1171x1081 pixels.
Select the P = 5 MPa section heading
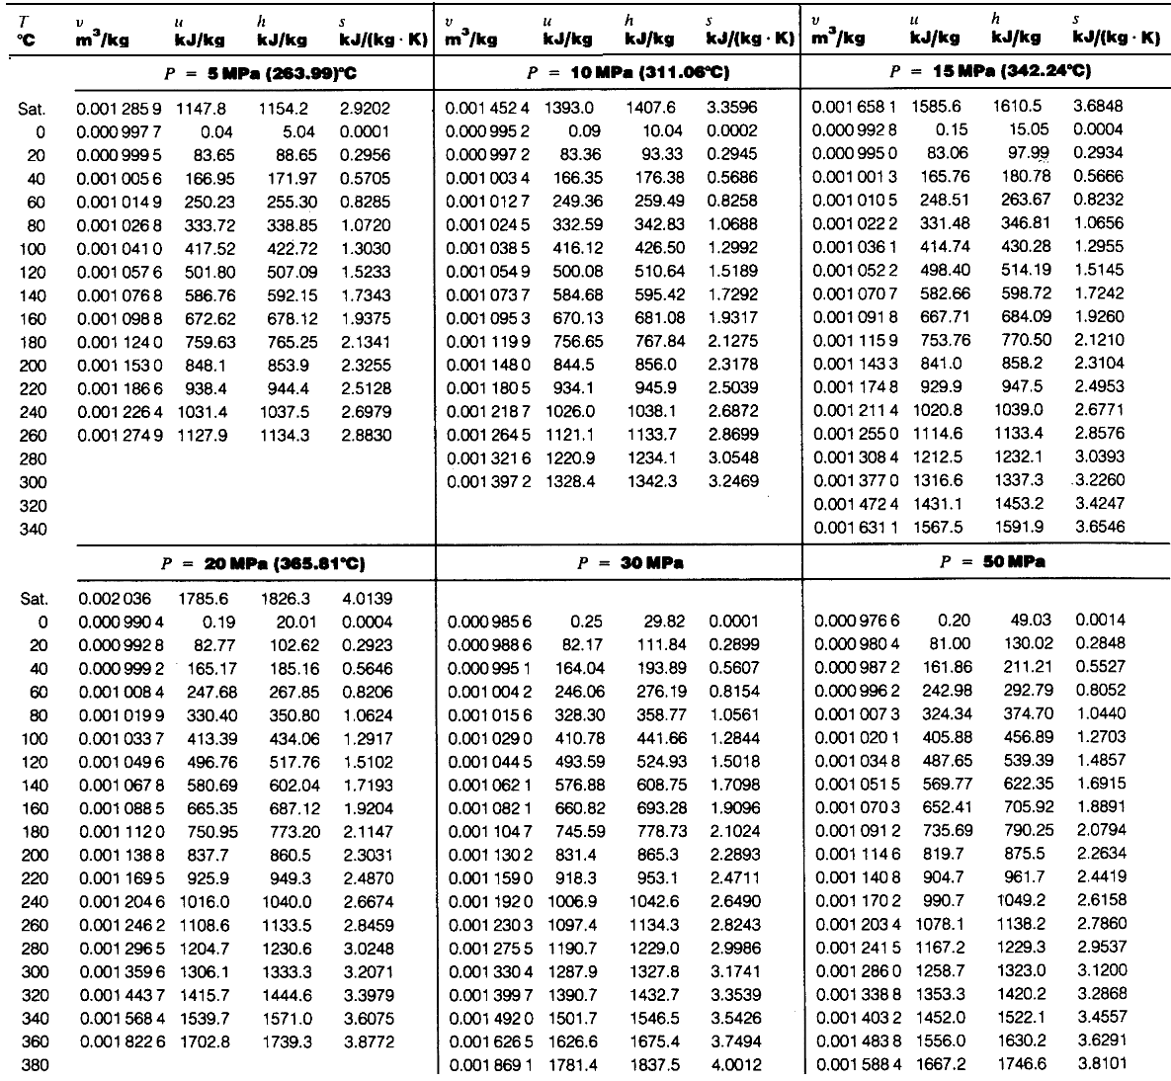click(255, 72)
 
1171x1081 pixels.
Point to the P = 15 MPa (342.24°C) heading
click(989, 72)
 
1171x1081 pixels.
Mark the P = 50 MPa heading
click(989, 563)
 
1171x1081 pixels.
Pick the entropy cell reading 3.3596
click(731, 107)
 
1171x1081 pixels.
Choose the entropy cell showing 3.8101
click(1099, 1064)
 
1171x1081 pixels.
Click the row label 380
click(34, 1064)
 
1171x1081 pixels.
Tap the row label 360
click(34, 1040)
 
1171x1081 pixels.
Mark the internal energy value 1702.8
click(203, 1040)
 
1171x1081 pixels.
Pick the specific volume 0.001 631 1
click(855, 528)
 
